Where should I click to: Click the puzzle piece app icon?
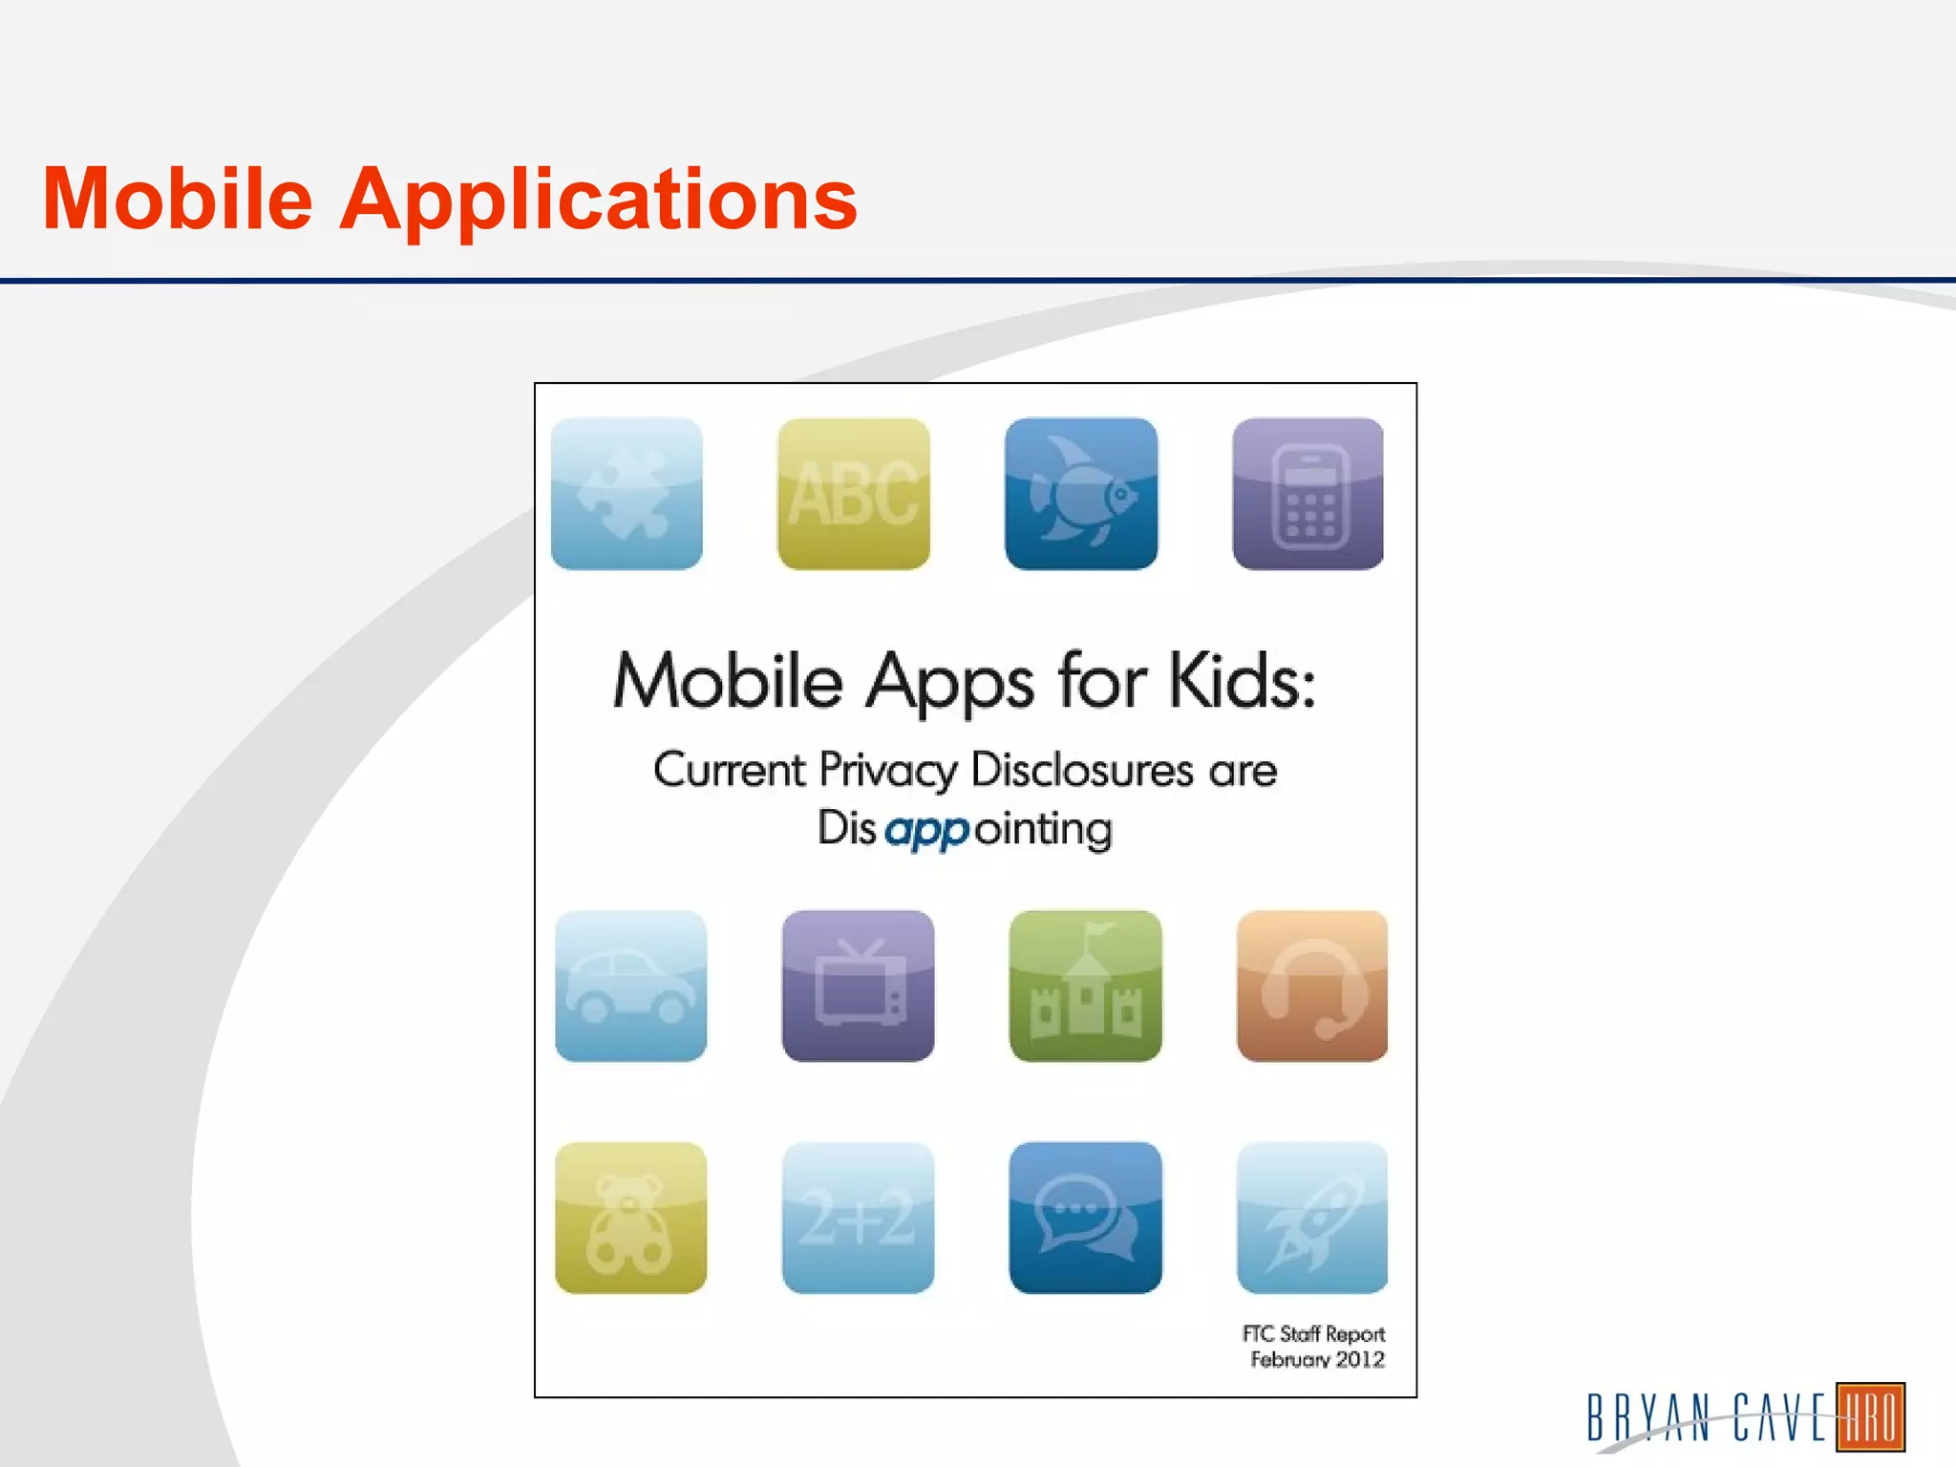point(627,494)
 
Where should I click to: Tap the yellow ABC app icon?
point(854,494)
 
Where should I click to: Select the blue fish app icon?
point(1081,494)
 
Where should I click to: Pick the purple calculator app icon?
point(1308,494)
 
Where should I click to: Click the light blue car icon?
point(630,986)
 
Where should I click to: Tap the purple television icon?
point(858,986)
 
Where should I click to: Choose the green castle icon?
point(1085,986)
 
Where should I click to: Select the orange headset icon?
point(1312,986)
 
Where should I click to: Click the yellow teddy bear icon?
point(630,1218)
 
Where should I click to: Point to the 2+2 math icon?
point(858,1218)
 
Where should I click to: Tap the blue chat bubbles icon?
point(1085,1218)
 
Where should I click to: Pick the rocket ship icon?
point(1312,1218)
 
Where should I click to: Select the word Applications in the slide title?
point(599,201)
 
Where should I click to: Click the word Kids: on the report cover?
point(1243,682)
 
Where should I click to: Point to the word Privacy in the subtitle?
point(887,770)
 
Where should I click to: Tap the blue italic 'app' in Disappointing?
point(926,830)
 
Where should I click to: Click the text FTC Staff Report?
point(1313,1333)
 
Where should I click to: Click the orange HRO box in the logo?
point(1870,1416)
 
